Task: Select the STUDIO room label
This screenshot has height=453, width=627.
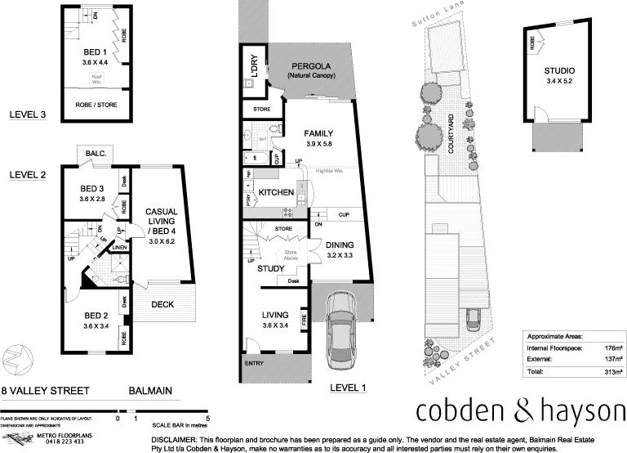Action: click(x=559, y=71)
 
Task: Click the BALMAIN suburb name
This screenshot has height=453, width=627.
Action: click(x=151, y=391)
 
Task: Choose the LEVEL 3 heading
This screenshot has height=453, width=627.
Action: click(x=26, y=115)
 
